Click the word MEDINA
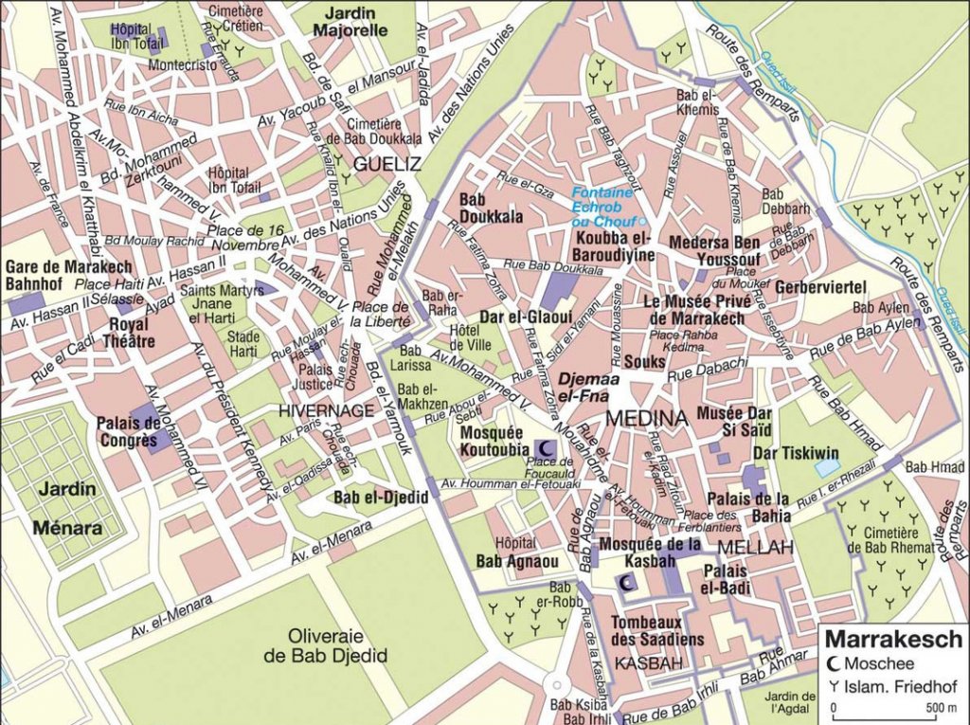[646, 418]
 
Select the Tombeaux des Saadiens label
[657, 630]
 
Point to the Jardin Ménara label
[67, 508]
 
